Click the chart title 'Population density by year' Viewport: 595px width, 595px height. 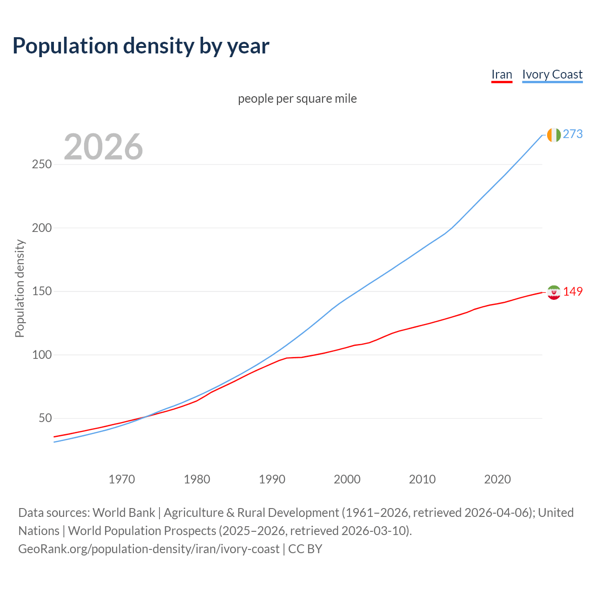point(141,46)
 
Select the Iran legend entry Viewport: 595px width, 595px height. point(502,74)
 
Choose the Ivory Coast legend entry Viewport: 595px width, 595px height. point(552,74)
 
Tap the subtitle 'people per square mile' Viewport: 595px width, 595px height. point(297,99)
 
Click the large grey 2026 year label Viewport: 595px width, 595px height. point(103,147)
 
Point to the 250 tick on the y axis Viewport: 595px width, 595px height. point(42,165)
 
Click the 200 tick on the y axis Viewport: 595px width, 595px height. point(42,228)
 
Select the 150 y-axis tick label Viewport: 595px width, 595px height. point(42,291)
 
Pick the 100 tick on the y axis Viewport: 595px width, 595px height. point(42,355)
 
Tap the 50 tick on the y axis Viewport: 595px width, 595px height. point(45,418)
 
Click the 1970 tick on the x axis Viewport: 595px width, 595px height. point(122,479)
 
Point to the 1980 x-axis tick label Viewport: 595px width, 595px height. point(197,479)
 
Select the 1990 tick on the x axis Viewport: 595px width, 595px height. point(272,479)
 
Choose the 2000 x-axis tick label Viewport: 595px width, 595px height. point(347,479)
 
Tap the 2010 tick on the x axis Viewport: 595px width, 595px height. point(422,479)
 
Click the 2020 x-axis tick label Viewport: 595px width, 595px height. point(497,479)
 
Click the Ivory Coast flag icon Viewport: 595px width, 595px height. point(554,135)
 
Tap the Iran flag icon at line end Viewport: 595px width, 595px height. point(554,292)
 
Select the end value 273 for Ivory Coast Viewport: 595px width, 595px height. point(573,134)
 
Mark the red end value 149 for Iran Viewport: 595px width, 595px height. point(573,292)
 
